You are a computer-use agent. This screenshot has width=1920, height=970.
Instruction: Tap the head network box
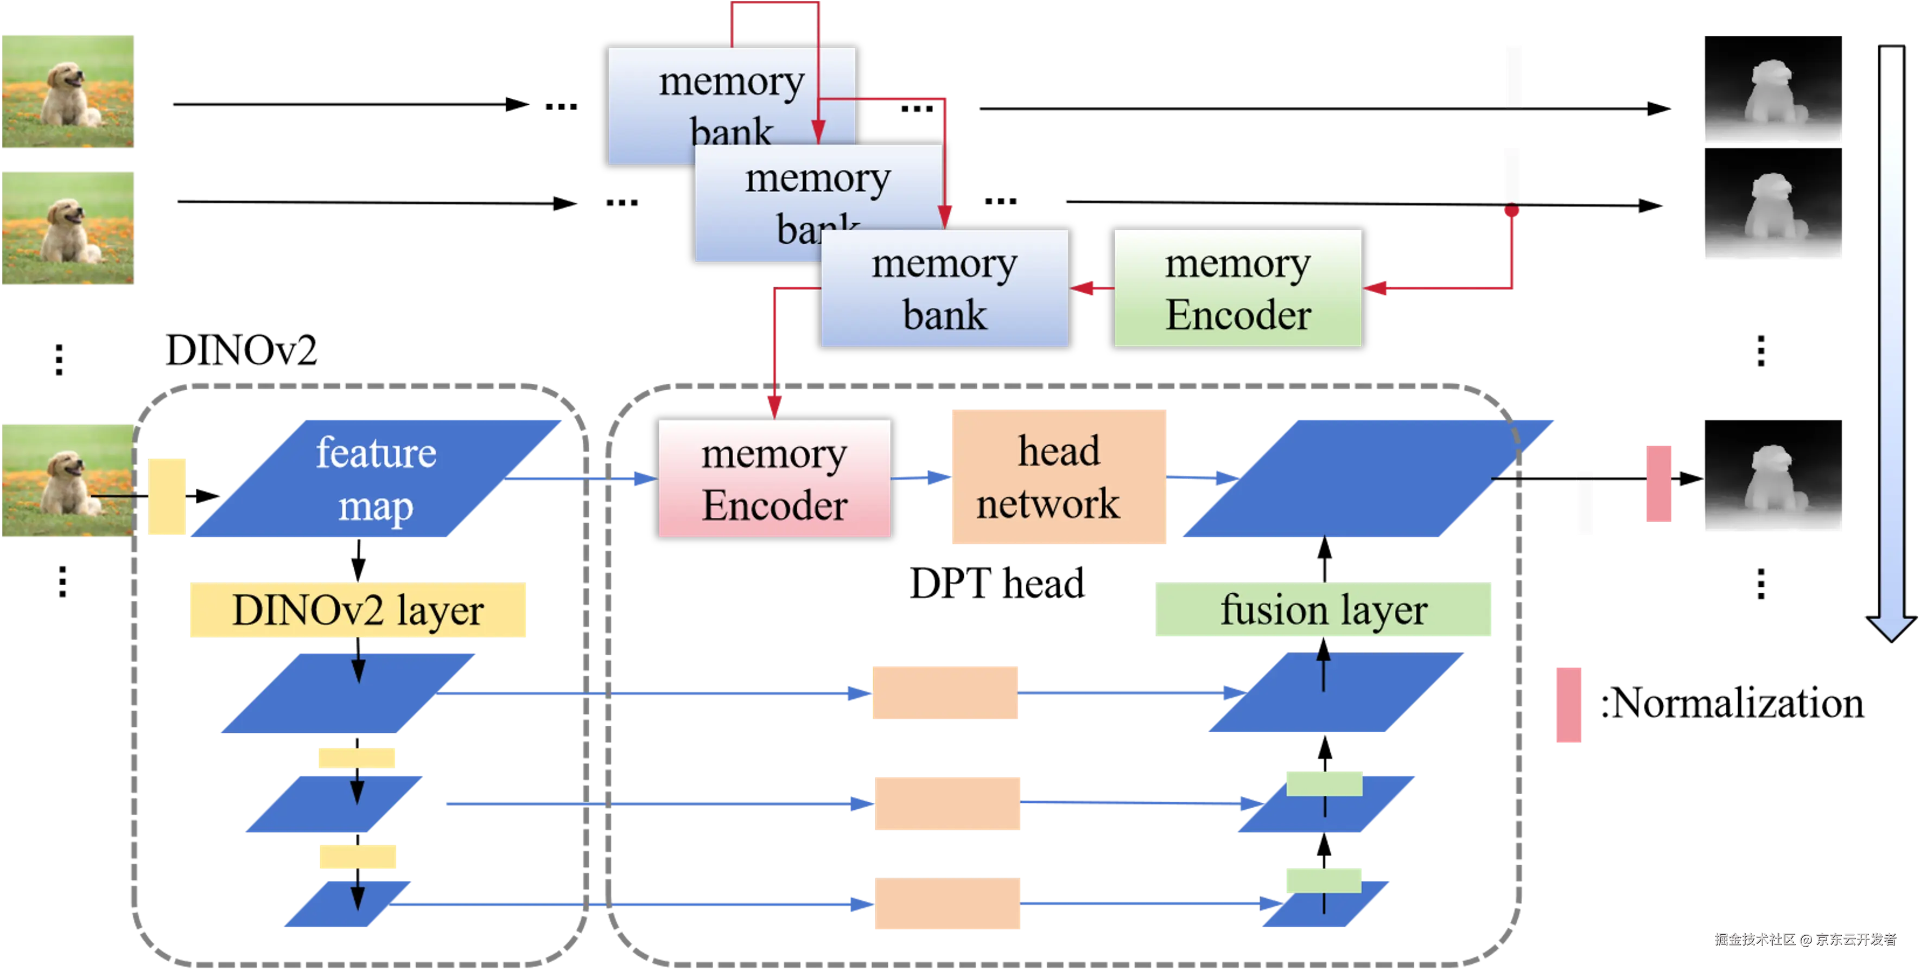1058,477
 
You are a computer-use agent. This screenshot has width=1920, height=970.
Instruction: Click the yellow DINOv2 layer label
358,610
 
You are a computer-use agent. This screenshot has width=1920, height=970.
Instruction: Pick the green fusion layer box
1323,610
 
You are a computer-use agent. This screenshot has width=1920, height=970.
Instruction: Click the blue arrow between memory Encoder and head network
921,477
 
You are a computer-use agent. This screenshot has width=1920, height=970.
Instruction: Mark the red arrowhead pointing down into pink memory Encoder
774,407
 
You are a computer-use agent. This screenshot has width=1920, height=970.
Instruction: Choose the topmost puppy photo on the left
67,91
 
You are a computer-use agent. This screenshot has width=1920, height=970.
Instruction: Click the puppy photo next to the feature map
67,479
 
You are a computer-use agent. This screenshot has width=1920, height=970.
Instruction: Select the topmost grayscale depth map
1773,90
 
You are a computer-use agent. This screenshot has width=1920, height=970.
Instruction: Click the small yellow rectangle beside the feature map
166,496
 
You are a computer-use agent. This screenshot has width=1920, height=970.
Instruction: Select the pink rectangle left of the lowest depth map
1660,484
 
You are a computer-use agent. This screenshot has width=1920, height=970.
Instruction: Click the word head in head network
1058,451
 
